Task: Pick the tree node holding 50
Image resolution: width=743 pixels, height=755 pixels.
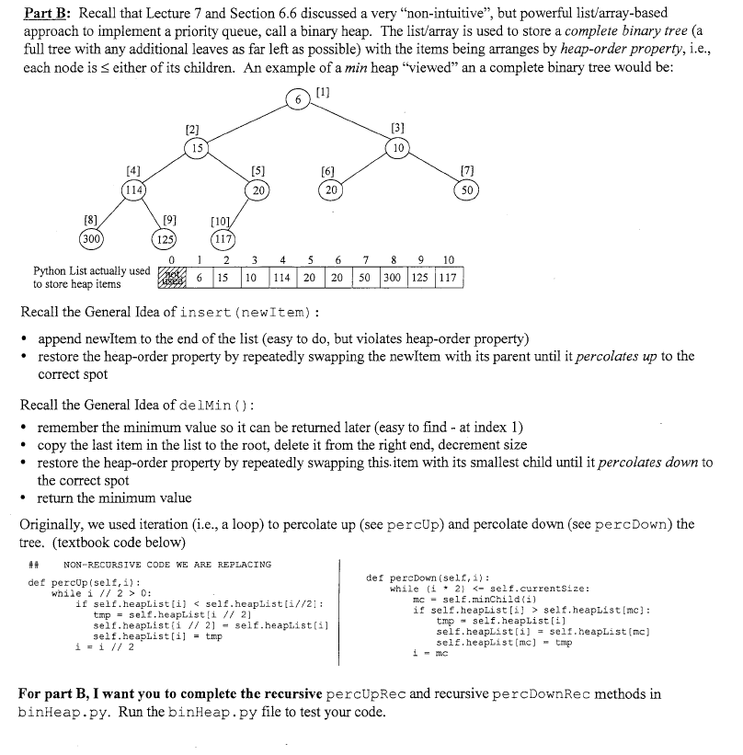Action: (x=468, y=189)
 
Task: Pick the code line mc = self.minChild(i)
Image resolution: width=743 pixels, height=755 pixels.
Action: (x=469, y=599)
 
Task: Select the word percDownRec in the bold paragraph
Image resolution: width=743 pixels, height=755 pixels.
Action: (x=542, y=693)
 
